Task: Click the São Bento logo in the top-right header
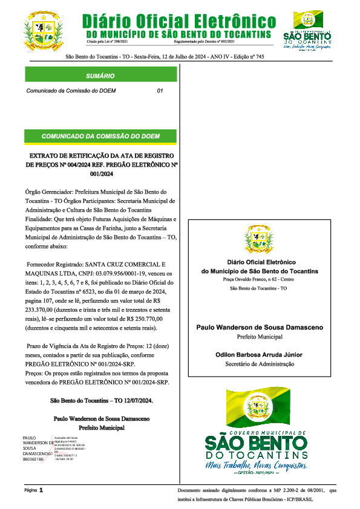[307, 29]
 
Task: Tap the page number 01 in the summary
[160, 91]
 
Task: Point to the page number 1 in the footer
[41, 491]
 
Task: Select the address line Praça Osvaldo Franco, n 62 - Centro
[259, 280]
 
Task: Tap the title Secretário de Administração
[260, 363]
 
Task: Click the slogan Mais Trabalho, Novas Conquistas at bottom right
[264, 466]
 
